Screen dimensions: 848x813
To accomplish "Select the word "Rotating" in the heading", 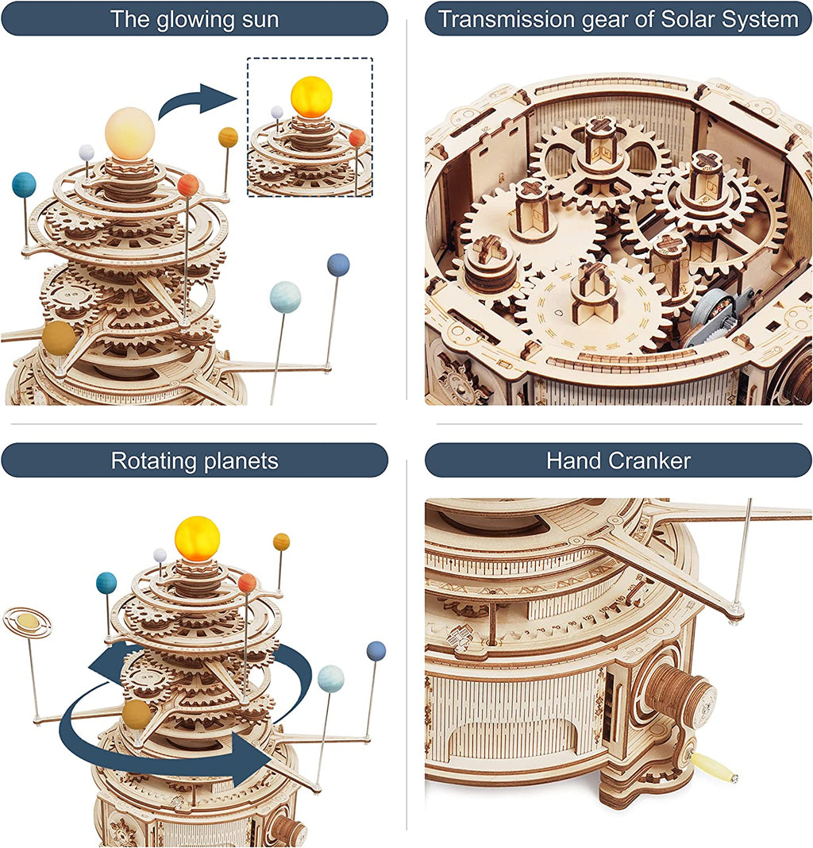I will pyautogui.click(x=148, y=461).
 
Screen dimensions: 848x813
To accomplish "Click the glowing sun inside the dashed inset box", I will pyautogui.click(x=310, y=97).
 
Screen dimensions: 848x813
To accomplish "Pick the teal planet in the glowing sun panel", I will pyautogui.click(x=24, y=184).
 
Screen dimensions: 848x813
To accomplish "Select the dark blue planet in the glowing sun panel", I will pyautogui.click(x=338, y=264).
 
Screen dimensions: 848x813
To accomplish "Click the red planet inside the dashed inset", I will pyautogui.click(x=356, y=138).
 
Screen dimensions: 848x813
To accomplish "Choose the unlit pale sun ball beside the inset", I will pyautogui.click(x=129, y=129).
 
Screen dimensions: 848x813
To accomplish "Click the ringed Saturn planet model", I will pyautogui.click(x=27, y=622).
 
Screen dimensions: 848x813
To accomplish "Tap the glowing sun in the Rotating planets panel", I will pyautogui.click(x=197, y=538).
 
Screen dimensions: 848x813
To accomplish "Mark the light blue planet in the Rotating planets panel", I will pyautogui.click(x=330, y=679).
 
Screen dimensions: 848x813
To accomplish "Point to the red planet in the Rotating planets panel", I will pyautogui.click(x=247, y=583).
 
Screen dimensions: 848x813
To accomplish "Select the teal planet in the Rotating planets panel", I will pyautogui.click(x=106, y=583).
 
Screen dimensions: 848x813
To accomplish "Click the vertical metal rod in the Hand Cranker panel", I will pyautogui.click(x=743, y=556).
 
